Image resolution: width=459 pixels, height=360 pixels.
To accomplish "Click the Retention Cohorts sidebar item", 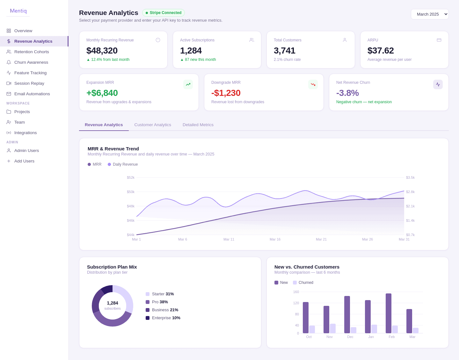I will (x=32, y=52).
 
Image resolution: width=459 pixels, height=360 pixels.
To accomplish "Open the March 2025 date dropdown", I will (x=429, y=14).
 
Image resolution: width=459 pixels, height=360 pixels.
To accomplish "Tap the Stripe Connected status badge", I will (x=164, y=13).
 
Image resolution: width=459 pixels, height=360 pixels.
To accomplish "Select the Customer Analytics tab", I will (x=153, y=125).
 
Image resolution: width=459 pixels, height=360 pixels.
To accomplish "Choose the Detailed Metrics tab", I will (x=198, y=125).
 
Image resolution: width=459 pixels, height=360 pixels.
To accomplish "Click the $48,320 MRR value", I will (x=102, y=50).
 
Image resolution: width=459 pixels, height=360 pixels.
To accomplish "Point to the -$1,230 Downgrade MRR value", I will (x=226, y=93).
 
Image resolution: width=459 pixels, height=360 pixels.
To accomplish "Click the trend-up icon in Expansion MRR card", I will (x=188, y=84).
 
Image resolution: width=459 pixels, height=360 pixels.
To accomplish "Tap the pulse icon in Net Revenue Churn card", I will (x=438, y=84).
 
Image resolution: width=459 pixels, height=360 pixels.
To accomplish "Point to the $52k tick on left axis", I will (x=131, y=177).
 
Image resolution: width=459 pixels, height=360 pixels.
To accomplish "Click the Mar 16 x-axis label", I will (x=275, y=239).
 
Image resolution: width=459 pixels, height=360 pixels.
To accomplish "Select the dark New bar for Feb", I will (x=389, y=313).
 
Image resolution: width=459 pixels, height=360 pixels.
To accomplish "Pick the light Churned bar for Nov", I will (x=333, y=328).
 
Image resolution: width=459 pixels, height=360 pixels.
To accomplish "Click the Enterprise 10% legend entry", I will (x=163, y=318).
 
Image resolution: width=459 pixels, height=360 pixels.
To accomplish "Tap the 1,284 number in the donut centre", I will (x=113, y=303).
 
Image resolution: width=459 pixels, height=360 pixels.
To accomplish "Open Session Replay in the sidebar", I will (x=29, y=83).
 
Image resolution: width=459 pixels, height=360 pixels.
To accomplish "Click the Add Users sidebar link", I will (x=24, y=161).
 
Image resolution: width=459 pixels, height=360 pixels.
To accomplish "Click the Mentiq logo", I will (x=18, y=11).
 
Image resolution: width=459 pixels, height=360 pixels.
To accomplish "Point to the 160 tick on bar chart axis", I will (x=296, y=292).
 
